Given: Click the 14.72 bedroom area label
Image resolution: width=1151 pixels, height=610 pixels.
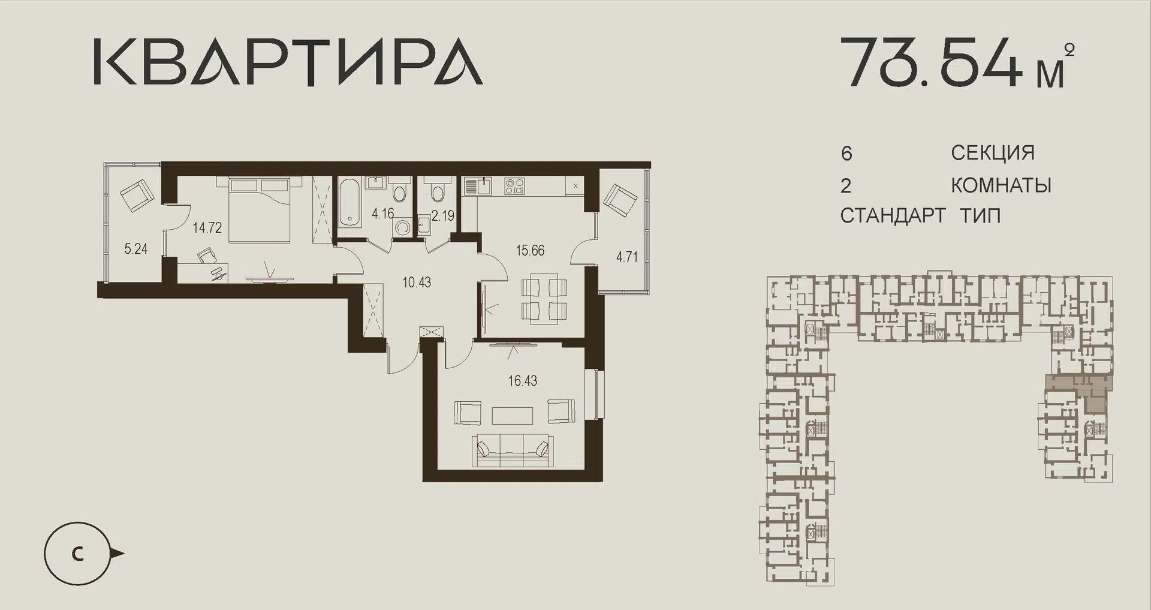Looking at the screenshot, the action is point(207,227).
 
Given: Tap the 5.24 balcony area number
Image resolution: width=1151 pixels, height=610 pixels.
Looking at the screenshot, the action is point(136,249).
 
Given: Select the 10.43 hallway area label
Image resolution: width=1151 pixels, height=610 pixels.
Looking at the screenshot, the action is point(417,282).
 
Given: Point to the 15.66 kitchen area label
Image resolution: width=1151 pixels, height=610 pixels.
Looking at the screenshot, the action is point(531,250).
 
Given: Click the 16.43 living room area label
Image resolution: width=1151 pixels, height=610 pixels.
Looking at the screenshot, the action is point(523,380).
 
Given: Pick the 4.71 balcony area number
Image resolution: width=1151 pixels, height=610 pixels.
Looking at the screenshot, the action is point(627,257).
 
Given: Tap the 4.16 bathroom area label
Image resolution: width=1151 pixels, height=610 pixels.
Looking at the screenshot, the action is point(383,212).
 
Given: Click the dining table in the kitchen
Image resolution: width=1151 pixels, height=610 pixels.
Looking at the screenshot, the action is point(544,298).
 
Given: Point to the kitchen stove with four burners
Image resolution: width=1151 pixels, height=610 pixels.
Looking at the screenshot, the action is point(514,187).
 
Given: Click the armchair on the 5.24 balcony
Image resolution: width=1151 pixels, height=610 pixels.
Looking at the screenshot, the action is point(138,194).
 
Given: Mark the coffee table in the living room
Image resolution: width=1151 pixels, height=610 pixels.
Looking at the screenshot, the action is point(513,415).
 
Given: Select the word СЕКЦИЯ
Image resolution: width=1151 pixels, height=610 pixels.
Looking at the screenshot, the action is point(993,153).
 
